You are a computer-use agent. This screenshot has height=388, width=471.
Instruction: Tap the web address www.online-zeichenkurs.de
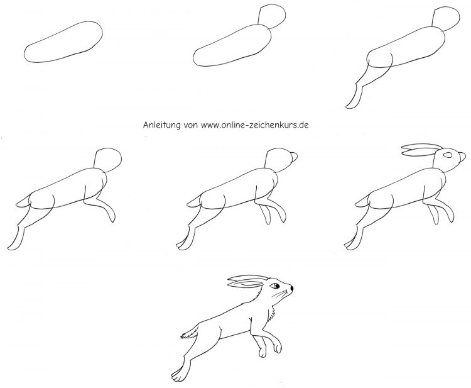point(255,125)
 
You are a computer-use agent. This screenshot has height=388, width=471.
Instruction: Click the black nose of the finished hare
point(291,288)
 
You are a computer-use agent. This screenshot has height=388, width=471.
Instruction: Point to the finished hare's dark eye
point(275,285)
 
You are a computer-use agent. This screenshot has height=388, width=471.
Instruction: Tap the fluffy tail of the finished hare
point(190,332)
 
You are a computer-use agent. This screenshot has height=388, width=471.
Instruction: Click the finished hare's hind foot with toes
point(179,374)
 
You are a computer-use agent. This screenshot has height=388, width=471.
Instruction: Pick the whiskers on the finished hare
point(280,294)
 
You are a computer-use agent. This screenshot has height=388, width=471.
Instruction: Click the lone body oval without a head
point(63,42)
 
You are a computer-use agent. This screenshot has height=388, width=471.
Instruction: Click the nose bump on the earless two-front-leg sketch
point(295,157)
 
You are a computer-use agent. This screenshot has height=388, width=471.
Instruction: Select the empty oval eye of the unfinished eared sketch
point(448,155)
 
